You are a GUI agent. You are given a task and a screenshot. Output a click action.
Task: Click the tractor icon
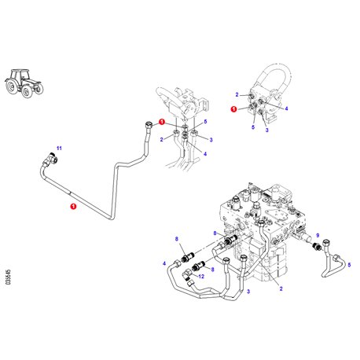(24, 83)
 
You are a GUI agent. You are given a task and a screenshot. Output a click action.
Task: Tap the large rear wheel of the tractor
(12, 86)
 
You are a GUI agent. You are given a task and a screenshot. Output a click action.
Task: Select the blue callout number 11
(59, 149)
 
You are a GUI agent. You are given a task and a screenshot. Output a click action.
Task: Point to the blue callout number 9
(318, 235)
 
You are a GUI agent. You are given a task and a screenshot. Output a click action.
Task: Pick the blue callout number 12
(201, 276)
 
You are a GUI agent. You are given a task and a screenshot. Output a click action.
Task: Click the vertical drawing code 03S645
(9, 277)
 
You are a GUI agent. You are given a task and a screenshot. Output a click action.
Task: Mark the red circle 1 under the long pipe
(73, 207)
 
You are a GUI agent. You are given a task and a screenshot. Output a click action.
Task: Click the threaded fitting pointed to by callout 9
(318, 246)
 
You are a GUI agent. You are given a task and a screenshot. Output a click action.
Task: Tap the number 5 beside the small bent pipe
(349, 265)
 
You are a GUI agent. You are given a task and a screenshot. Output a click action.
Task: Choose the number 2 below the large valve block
(281, 288)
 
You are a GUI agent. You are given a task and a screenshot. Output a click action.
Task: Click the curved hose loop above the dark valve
(274, 76)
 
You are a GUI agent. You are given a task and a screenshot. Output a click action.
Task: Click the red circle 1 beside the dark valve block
(233, 109)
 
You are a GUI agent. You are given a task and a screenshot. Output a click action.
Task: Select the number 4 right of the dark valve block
(287, 108)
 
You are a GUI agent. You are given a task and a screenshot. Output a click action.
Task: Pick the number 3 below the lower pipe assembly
(248, 292)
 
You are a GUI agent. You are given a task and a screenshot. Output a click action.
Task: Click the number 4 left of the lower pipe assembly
(164, 263)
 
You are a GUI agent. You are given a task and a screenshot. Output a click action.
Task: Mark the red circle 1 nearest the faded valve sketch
(162, 122)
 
